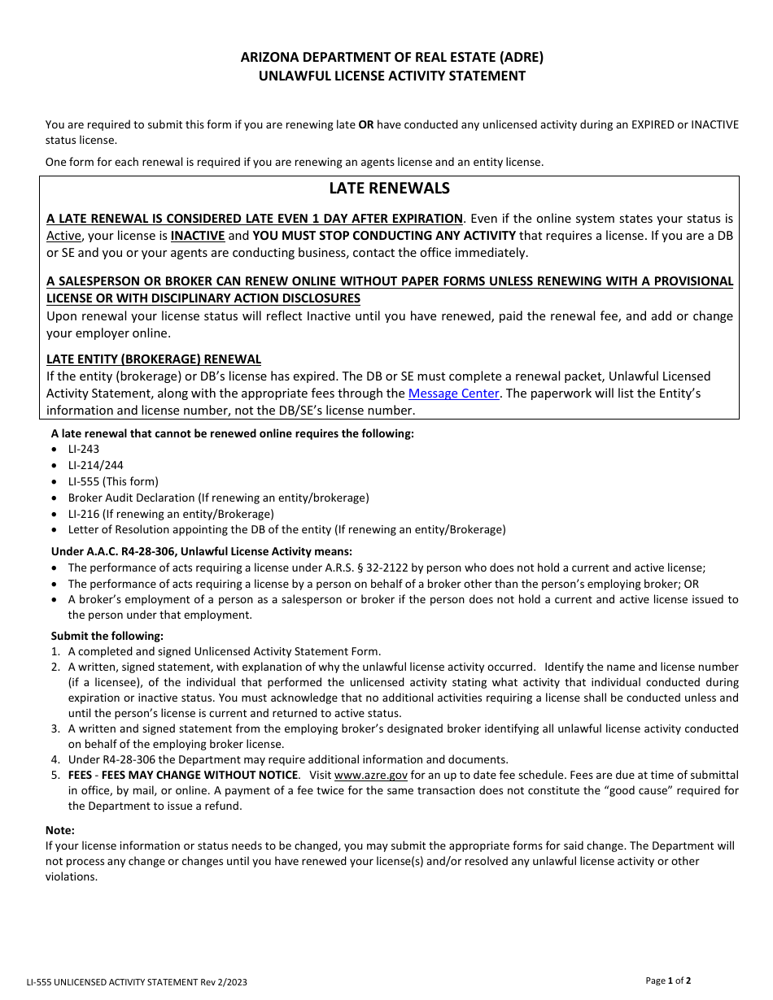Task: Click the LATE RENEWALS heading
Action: (x=389, y=189)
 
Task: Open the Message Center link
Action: (x=453, y=393)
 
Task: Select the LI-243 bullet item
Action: (x=84, y=449)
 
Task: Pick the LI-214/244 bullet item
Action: (x=96, y=465)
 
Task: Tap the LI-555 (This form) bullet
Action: (x=113, y=481)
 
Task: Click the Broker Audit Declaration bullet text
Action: (x=218, y=498)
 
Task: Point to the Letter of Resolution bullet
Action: (x=286, y=529)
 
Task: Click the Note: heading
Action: (x=60, y=830)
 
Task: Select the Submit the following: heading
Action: (x=107, y=636)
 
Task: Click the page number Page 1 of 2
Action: (x=668, y=980)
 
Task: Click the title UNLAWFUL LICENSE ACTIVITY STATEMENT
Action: (x=391, y=76)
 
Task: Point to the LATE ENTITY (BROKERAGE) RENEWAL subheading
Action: (x=154, y=359)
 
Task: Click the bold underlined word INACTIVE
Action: (x=198, y=236)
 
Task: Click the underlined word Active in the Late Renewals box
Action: (x=63, y=236)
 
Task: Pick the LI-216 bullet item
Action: (x=171, y=514)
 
